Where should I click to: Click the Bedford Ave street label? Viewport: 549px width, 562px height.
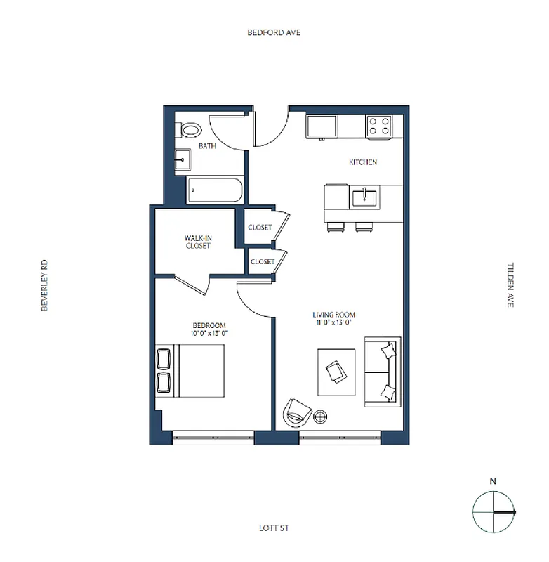[274, 33]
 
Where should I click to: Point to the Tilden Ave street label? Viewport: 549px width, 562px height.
[510, 285]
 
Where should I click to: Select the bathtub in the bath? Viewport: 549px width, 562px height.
[215, 190]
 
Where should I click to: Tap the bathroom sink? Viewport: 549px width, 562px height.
[183, 159]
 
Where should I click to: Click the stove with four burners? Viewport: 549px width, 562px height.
[380, 126]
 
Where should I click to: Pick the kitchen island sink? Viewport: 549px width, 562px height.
[364, 197]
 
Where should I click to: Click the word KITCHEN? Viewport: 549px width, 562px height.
[363, 162]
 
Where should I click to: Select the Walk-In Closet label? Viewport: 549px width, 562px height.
[198, 242]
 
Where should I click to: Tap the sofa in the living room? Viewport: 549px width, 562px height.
[383, 372]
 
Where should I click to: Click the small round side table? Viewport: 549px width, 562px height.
[320, 416]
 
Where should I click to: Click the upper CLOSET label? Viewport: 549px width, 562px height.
[260, 228]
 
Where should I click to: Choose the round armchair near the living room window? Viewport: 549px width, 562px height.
[297, 412]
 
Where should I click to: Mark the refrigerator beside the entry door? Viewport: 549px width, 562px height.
[321, 126]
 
